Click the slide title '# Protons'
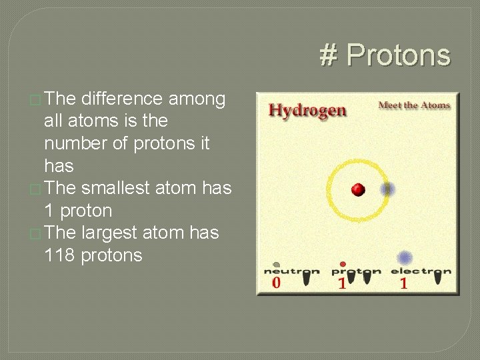click(385, 55)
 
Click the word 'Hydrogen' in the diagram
click(307, 110)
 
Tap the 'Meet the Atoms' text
click(414, 105)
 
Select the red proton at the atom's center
click(358, 190)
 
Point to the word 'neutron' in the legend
click(291, 271)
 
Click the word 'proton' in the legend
click(356, 271)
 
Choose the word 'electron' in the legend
click(421, 271)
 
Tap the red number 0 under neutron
click(276, 283)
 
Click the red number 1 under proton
click(342, 283)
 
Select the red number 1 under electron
click(403, 283)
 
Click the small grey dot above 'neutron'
click(276, 264)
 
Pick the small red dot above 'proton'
click(343, 264)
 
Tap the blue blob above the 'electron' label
click(404, 258)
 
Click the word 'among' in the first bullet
click(197, 99)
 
